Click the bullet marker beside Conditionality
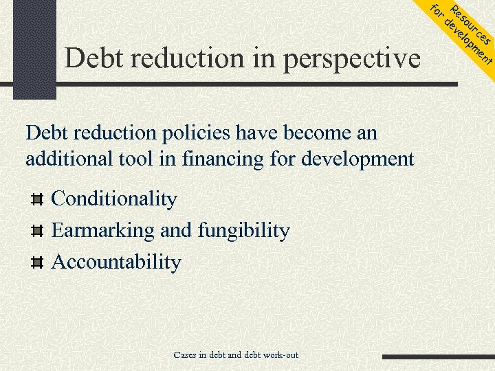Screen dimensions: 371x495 click(38, 200)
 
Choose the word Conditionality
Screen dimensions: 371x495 click(114, 199)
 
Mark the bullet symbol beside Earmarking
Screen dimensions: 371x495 click(38, 231)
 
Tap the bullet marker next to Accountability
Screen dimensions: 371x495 click(38, 262)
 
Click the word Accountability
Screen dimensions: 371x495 click(116, 262)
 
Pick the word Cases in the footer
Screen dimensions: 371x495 click(184, 355)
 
